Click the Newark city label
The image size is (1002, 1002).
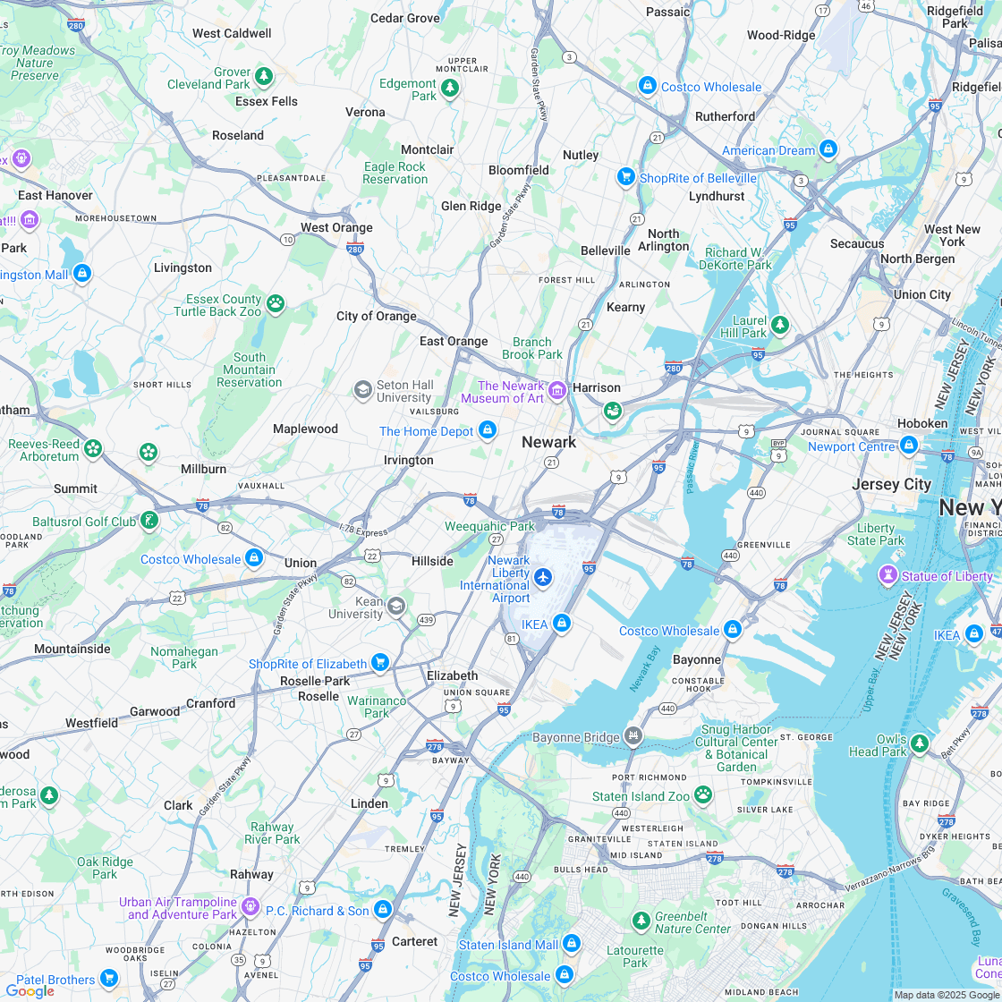click(548, 442)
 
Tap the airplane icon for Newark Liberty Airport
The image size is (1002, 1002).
click(543, 573)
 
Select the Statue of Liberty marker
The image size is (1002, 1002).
click(887, 575)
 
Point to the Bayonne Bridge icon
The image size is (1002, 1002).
click(633, 736)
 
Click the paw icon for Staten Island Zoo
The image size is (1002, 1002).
click(703, 794)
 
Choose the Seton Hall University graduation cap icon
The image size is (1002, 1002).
click(362, 389)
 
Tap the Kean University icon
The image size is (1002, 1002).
click(396, 607)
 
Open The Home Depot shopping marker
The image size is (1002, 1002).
click(488, 431)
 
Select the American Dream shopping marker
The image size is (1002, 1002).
click(828, 149)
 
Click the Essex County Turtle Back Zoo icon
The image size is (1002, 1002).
click(276, 304)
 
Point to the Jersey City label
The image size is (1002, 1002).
click(891, 484)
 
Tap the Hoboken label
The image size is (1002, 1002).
click(921, 423)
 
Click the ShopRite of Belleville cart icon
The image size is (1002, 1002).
click(626, 177)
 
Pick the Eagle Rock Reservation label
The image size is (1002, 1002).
click(395, 173)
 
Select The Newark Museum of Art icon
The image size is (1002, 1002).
click(557, 389)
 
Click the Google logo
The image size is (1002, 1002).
click(30, 990)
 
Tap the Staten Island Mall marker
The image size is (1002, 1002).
click(572, 943)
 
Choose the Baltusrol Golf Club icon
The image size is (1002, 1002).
click(149, 520)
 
